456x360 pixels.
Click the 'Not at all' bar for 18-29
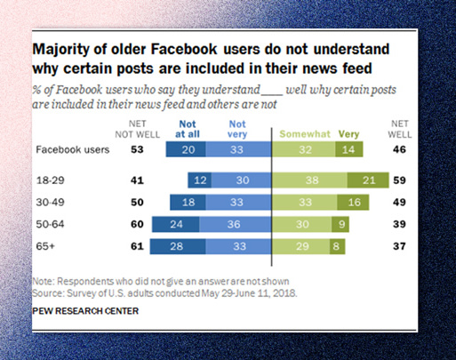point(200,180)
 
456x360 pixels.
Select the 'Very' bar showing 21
point(368,180)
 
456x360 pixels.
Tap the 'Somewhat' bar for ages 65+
point(300,246)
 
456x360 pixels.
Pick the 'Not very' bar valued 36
point(236,224)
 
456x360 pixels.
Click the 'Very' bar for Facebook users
point(349,149)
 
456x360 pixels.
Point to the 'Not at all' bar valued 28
point(178,246)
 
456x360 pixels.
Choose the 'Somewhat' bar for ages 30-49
point(304,202)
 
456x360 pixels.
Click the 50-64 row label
point(50,224)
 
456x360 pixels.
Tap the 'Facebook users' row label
point(73,149)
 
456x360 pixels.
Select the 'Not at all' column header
point(188,129)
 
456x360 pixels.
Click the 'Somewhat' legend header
point(305,134)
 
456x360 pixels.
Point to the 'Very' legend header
point(348,134)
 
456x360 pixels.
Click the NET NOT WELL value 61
point(137,246)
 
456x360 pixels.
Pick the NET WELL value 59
point(399,180)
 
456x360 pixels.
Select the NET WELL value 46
point(399,149)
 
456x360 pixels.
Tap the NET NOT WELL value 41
point(137,180)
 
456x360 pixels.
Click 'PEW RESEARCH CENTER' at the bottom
point(85,311)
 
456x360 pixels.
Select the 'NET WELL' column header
point(400,129)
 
